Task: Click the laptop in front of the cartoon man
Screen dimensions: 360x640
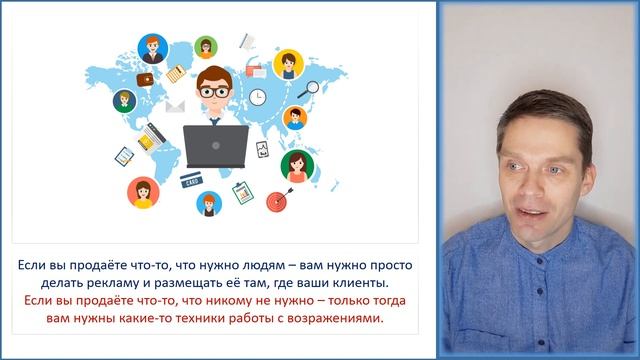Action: (217, 148)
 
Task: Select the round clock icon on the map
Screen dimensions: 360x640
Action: (258, 97)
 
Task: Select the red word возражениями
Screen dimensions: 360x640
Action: (337, 320)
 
